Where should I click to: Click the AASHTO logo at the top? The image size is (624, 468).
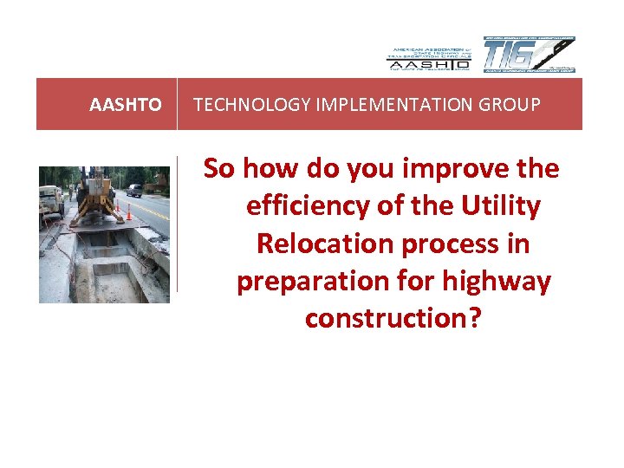coord(427,56)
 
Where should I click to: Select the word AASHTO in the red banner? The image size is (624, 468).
coord(126,105)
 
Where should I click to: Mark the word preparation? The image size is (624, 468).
coord(308,281)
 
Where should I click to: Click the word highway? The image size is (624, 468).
coord(493,281)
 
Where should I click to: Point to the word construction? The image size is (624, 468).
coord(393,318)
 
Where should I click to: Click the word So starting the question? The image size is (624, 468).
coord(219,169)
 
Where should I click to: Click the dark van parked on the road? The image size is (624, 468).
coord(134,189)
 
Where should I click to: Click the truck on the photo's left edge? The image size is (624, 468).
coord(49,200)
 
